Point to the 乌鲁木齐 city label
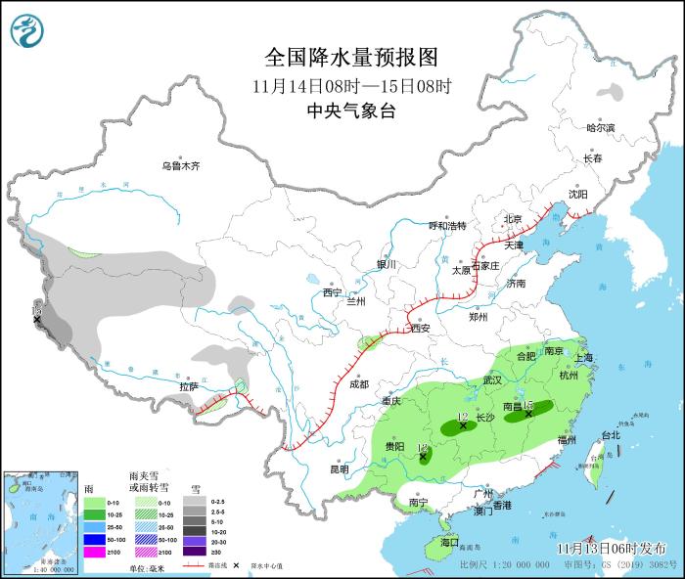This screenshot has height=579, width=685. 180,166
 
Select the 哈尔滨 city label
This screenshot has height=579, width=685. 600,128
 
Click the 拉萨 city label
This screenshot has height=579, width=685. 189,387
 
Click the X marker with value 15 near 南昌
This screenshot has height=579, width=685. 528,414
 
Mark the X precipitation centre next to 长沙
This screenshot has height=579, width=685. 463,426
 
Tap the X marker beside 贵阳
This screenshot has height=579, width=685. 423,456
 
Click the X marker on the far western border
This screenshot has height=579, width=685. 37,319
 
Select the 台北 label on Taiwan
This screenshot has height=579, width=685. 610,435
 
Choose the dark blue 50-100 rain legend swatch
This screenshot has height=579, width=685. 93,539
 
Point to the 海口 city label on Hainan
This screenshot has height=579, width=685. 448,542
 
